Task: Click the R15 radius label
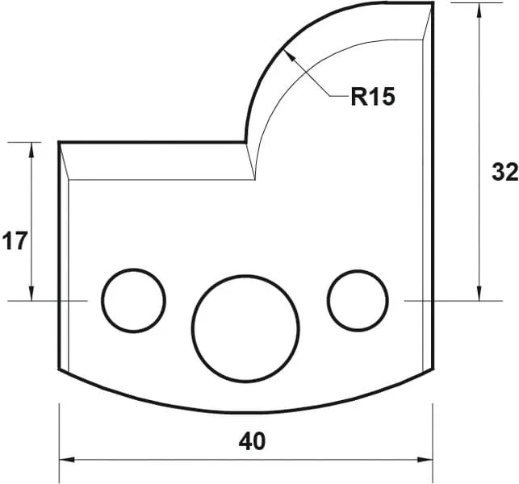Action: coord(372,98)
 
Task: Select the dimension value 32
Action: coord(504,172)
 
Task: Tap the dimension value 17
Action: coord(14,240)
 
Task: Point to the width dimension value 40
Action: coord(252,441)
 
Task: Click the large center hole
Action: coord(245,328)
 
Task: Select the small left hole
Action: coord(133,299)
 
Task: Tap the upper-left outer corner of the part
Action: coord(59,143)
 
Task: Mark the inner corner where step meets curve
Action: coord(246,143)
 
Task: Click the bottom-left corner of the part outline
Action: coord(59,370)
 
